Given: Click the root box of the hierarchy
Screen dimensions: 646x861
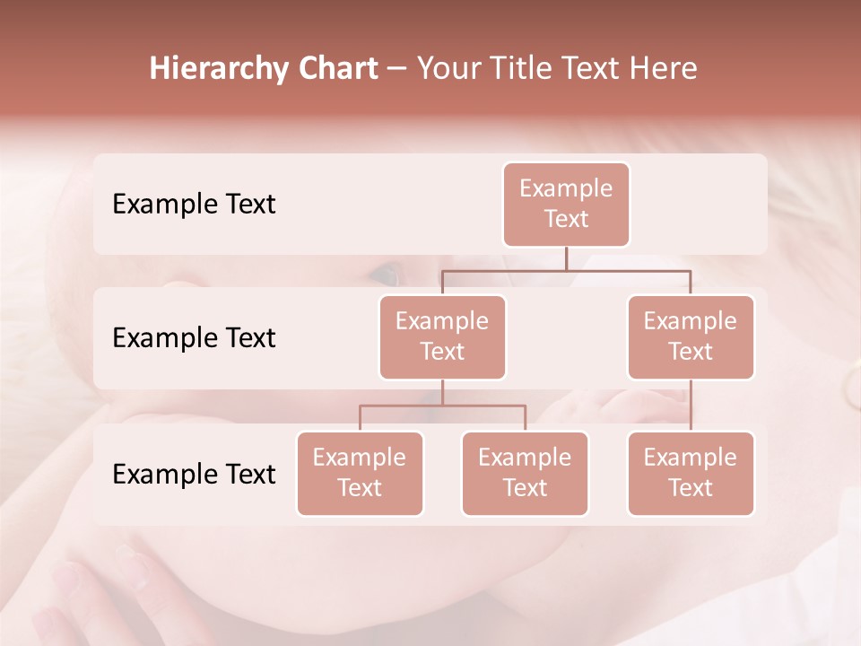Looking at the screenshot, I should tap(566, 204).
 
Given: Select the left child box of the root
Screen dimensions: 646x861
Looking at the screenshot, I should tap(442, 336).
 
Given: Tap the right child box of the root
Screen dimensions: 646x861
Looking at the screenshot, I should tap(691, 336).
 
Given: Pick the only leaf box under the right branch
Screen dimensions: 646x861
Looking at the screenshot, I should tap(691, 473).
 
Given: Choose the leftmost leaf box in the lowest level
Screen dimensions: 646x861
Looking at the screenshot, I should tap(360, 473).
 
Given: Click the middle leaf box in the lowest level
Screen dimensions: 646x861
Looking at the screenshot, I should tap(525, 473).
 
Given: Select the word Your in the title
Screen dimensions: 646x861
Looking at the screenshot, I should tap(448, 69).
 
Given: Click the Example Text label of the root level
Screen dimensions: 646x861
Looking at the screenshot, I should tap(194, 204).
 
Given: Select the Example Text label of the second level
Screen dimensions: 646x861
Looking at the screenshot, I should tap(194, 337).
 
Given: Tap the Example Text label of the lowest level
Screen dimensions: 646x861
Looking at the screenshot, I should tap(194, 474).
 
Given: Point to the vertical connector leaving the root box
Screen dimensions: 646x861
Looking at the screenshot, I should tap(566, 258).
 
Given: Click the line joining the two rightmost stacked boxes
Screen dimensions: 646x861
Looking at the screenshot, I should tap(691, 406).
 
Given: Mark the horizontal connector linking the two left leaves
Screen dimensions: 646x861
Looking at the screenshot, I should tap(442, 406).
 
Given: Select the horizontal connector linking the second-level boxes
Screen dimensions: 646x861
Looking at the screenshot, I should tap(566, 270).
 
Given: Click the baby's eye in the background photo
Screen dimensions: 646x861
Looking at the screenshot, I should tap(385, 272).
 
